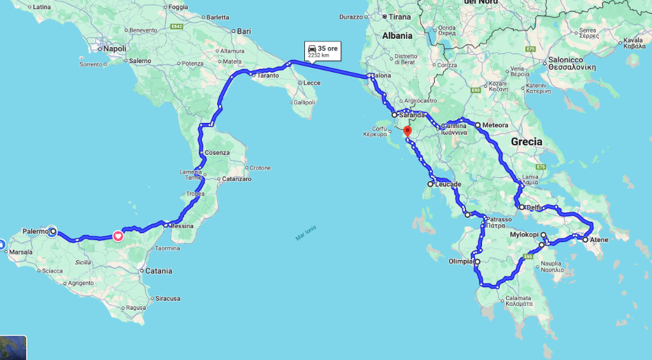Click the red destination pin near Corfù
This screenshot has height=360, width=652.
[407, 131]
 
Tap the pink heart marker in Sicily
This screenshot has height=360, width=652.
[118, 236]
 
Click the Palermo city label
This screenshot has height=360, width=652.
[35, 231]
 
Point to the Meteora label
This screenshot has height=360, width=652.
[495, 125]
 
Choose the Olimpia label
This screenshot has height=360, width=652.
[462, 261]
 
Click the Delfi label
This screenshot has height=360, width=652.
[534, 207]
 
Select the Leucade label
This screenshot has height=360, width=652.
[448, 184]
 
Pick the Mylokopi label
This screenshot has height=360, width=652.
[525, 234]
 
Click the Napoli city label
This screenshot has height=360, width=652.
[115, 48]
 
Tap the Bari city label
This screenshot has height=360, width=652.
[245, 31]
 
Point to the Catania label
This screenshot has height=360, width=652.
[159, 271]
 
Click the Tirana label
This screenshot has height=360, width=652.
[399, 17]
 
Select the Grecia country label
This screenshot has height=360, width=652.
[527, 141]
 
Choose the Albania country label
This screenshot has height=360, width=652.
[397, 36]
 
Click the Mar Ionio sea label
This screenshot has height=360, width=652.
[306, 233]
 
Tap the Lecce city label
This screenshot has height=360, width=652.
[312, 83]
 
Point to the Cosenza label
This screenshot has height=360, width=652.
[217, 153]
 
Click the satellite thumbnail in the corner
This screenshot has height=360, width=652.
[13, 348]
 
